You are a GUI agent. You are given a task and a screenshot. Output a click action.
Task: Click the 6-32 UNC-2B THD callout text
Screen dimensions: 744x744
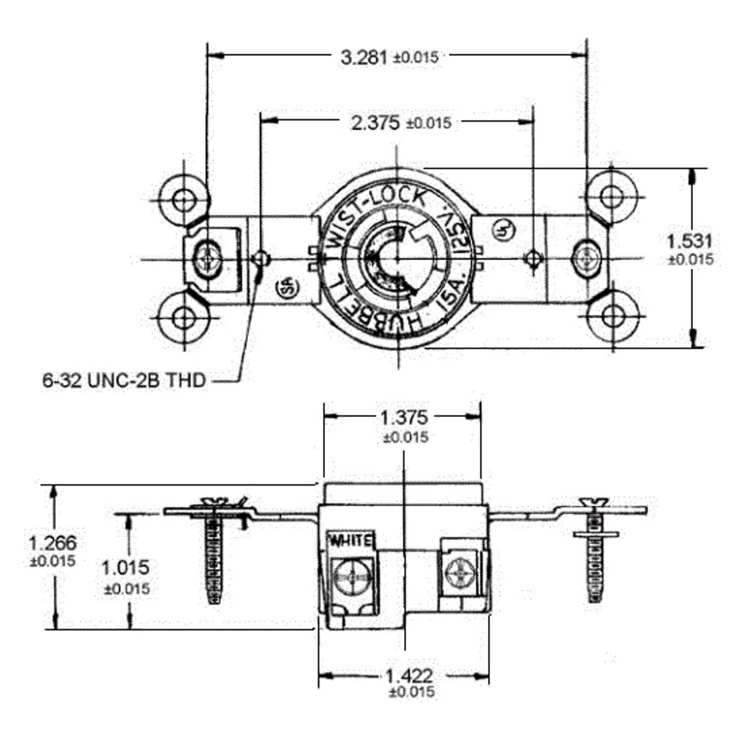click(123, 380)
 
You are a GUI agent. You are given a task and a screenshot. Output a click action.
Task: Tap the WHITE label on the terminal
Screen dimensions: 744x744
click(351, 539)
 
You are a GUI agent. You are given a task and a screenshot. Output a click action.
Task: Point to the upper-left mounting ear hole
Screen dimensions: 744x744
click(183, 200)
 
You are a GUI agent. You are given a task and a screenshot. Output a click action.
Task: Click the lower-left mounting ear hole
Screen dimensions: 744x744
click(183, 317)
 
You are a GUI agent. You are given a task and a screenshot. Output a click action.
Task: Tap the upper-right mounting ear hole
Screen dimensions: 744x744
click(613, 197)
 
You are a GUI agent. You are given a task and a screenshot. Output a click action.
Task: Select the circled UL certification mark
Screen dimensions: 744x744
click(503, 231)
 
